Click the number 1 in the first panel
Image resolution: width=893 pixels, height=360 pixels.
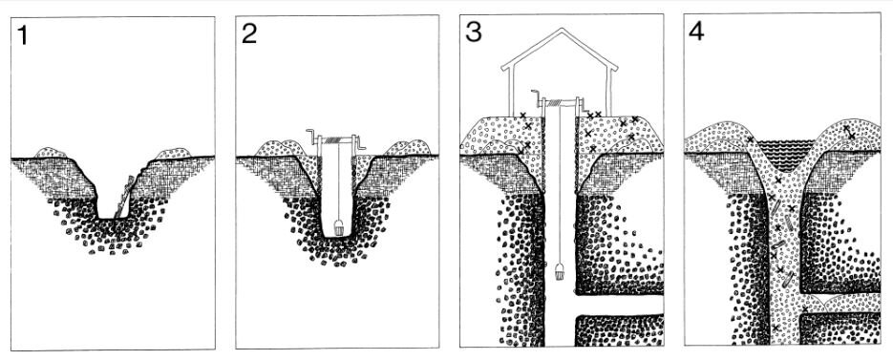(x=22, y=35)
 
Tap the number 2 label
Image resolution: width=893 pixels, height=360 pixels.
(x=249, y=34)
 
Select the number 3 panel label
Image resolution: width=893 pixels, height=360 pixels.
(x=474, y=32)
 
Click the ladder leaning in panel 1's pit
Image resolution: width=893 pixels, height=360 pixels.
(x=125, y=196)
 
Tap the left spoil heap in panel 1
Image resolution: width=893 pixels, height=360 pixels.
(x=51, y=152)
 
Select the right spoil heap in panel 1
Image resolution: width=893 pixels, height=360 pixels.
(x=173, y=153)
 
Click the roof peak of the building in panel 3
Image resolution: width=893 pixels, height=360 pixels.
(x=561, y=29)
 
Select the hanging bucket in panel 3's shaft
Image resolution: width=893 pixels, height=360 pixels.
(x=559, y=272)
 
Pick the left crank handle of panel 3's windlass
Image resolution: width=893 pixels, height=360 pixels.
(x=537, y=97)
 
